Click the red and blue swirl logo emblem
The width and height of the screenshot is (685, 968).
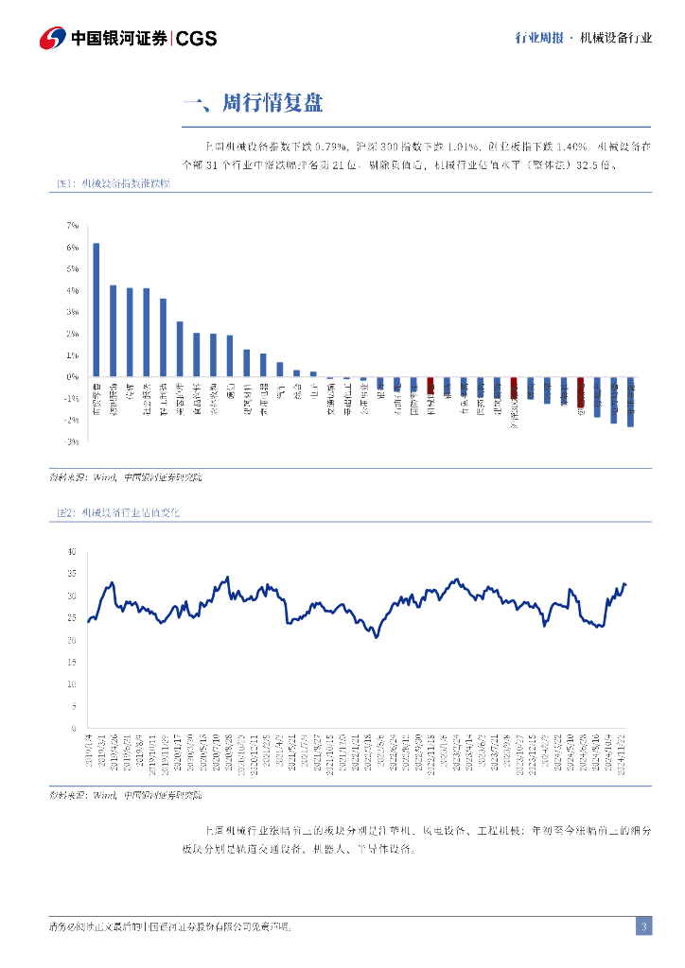[53, 38]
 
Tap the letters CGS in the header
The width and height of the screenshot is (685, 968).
[197, 39]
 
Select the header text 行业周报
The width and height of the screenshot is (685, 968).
[539, 39]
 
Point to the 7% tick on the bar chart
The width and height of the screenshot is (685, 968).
[72, 226]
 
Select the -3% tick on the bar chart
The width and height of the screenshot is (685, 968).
[71, 441]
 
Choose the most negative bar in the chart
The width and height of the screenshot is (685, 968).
[630, 403]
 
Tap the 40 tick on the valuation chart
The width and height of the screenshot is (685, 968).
[71, 551]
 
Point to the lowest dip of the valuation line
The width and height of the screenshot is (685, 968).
[377, 637]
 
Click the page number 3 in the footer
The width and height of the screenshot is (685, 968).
[643, 926]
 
